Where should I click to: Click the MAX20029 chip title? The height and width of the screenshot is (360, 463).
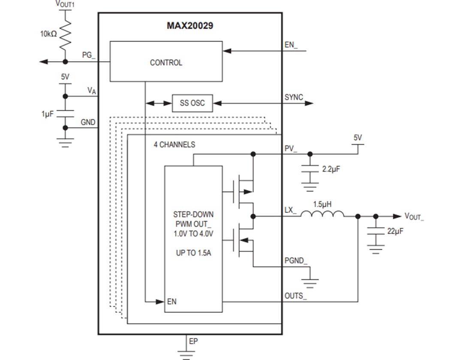click(x=189, y=26)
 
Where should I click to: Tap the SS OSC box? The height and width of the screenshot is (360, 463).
click(x=192, y=103)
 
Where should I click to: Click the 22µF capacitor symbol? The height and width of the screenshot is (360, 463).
click(x=376, y=231)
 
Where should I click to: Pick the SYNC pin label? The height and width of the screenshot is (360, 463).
click(x=294, y=97)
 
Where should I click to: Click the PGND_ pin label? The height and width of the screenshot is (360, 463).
click(x=296, y=261)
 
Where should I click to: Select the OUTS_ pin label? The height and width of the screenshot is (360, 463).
click(x=295, y=296)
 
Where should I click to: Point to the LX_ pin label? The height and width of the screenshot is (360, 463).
click(x=290, y=210)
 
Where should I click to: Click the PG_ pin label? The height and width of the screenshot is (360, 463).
click(x=89, y=55)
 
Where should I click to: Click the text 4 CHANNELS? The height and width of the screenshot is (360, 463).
click(x=174, y=145)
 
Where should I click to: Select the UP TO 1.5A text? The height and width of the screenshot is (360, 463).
click(x=193, y=253)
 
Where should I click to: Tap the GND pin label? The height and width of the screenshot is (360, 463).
click(x=88, y=122)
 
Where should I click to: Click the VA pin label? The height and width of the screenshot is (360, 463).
click(x=91, y=90)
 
